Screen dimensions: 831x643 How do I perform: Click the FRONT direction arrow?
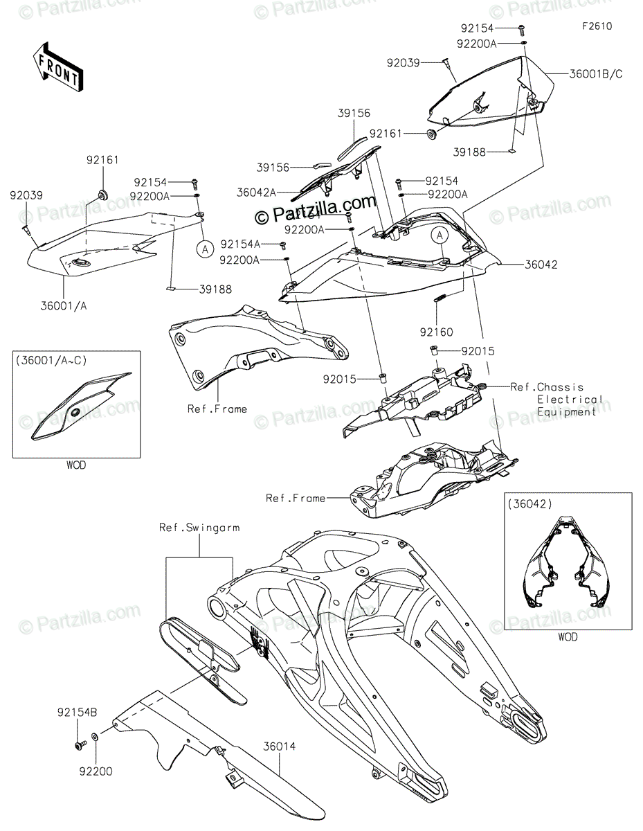pos(58,66)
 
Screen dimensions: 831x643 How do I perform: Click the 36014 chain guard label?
pos(279,747)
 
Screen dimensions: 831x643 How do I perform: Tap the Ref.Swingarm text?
pos(199,527)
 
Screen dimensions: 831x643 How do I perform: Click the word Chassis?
pos(560,387)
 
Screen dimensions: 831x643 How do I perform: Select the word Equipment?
pos(567,412)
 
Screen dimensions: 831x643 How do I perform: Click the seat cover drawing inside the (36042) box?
pos(567,568)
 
